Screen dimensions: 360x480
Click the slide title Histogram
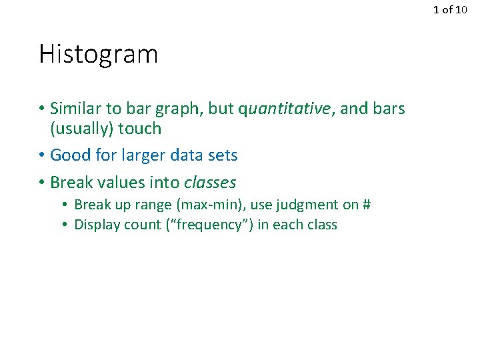[98, 55]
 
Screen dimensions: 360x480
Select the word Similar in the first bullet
[74, 109]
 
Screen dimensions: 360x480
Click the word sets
[221, 155]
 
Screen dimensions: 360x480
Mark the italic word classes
[210, 182]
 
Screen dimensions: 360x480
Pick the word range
[154, 205]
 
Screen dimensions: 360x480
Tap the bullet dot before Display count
[66, 225]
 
